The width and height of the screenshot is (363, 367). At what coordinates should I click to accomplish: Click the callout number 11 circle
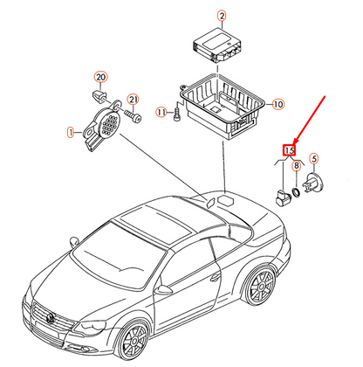[161, 112]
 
